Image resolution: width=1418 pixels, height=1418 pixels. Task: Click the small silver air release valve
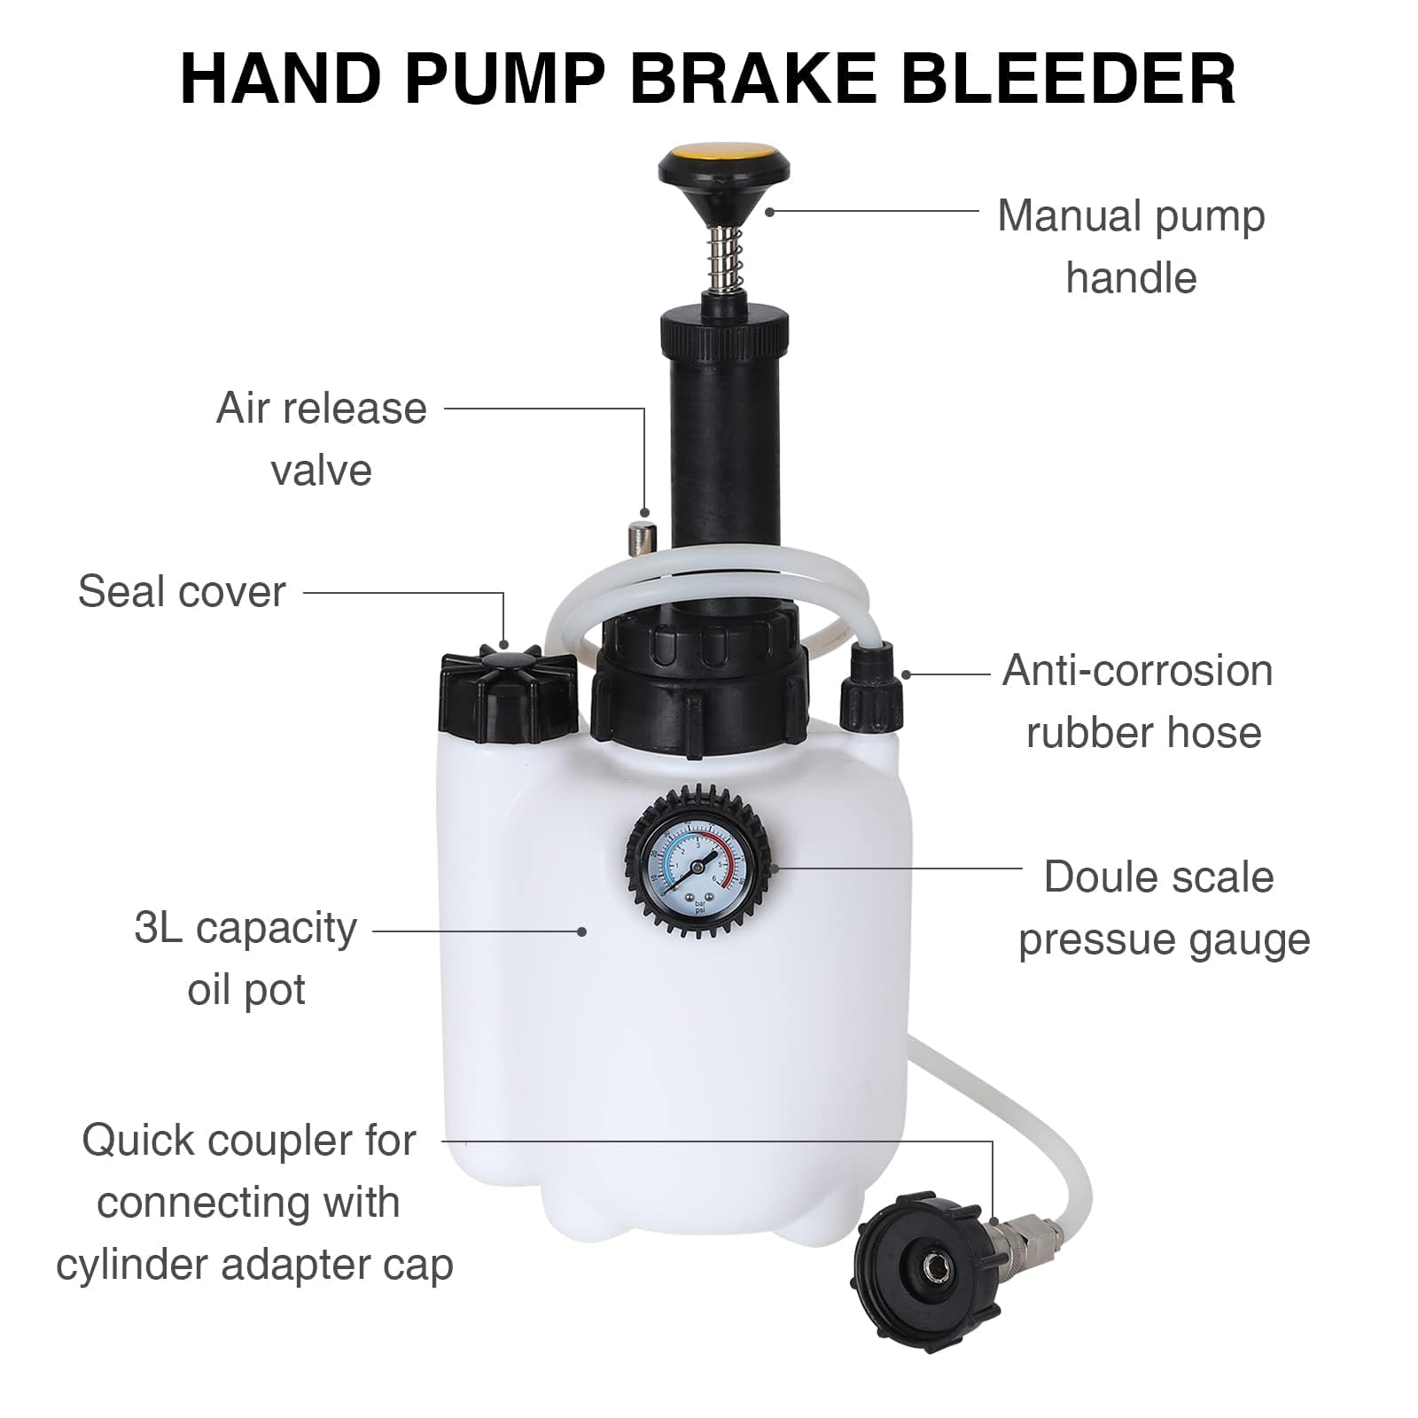[x=637, y=539]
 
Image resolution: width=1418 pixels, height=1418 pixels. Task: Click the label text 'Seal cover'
[x=182, y=591]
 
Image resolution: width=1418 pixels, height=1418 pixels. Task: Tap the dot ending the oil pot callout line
[x=581, y=931]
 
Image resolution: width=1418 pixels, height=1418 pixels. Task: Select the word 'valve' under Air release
[x=321, y=470]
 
